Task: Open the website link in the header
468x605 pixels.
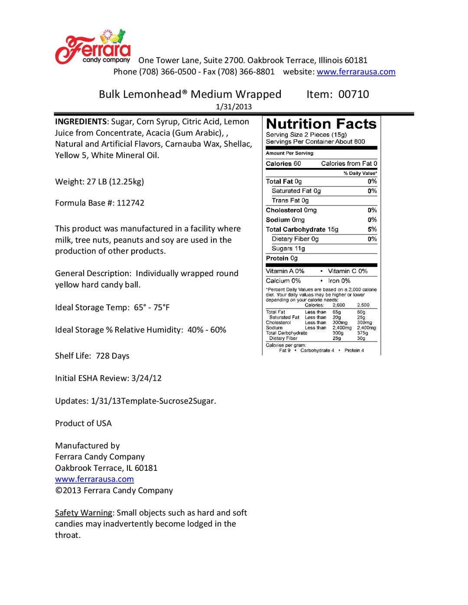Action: [x=356, y=72]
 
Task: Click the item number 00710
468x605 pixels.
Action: [x=354, y=94]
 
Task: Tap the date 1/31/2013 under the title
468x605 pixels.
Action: [x=234, y=106]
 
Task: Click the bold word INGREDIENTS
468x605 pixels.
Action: [x=81, y=122]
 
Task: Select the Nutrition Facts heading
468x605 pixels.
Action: [x=321, y=124]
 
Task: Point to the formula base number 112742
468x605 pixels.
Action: [x=130, y=203]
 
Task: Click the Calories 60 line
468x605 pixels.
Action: [x=283, y=164]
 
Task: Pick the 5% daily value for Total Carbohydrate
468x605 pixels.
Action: [x=372, y=229]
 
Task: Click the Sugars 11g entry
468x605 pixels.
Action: [x=288, y=248]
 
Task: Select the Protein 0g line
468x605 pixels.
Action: [x=282, y=258]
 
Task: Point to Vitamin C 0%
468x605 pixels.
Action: [x=348, y=271]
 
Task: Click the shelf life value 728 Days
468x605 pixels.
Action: [x=113, y=356]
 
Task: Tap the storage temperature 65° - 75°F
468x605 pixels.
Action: [x=152, y=308]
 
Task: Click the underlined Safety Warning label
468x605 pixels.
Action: [x=84, y=513]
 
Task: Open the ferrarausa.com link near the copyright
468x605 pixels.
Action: [x=94, y=479]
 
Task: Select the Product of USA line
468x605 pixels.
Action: [x=83, y=423]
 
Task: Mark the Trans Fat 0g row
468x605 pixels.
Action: [x=290, y=200]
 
